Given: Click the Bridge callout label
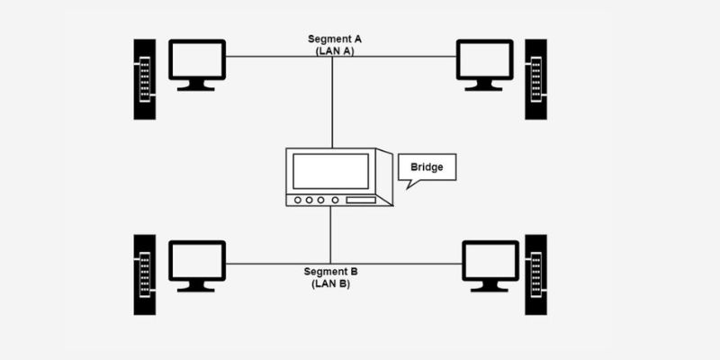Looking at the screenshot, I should tap(427, 167).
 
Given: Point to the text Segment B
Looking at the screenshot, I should tap(331, 272).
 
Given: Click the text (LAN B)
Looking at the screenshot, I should tap(331, 283).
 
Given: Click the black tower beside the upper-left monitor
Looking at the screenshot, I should tap(144, 79).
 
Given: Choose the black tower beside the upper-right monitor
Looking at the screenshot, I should tap(536, 79).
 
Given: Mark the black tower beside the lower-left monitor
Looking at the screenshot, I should tap(144, 274).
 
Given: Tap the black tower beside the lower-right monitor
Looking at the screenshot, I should tap(536, 274).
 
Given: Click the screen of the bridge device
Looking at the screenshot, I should tap(330, 171).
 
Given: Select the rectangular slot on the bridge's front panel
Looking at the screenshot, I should tap(361, 200).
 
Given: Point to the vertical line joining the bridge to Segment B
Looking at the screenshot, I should tap(331, 234).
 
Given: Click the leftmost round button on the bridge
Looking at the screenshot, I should tap(296, 200).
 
